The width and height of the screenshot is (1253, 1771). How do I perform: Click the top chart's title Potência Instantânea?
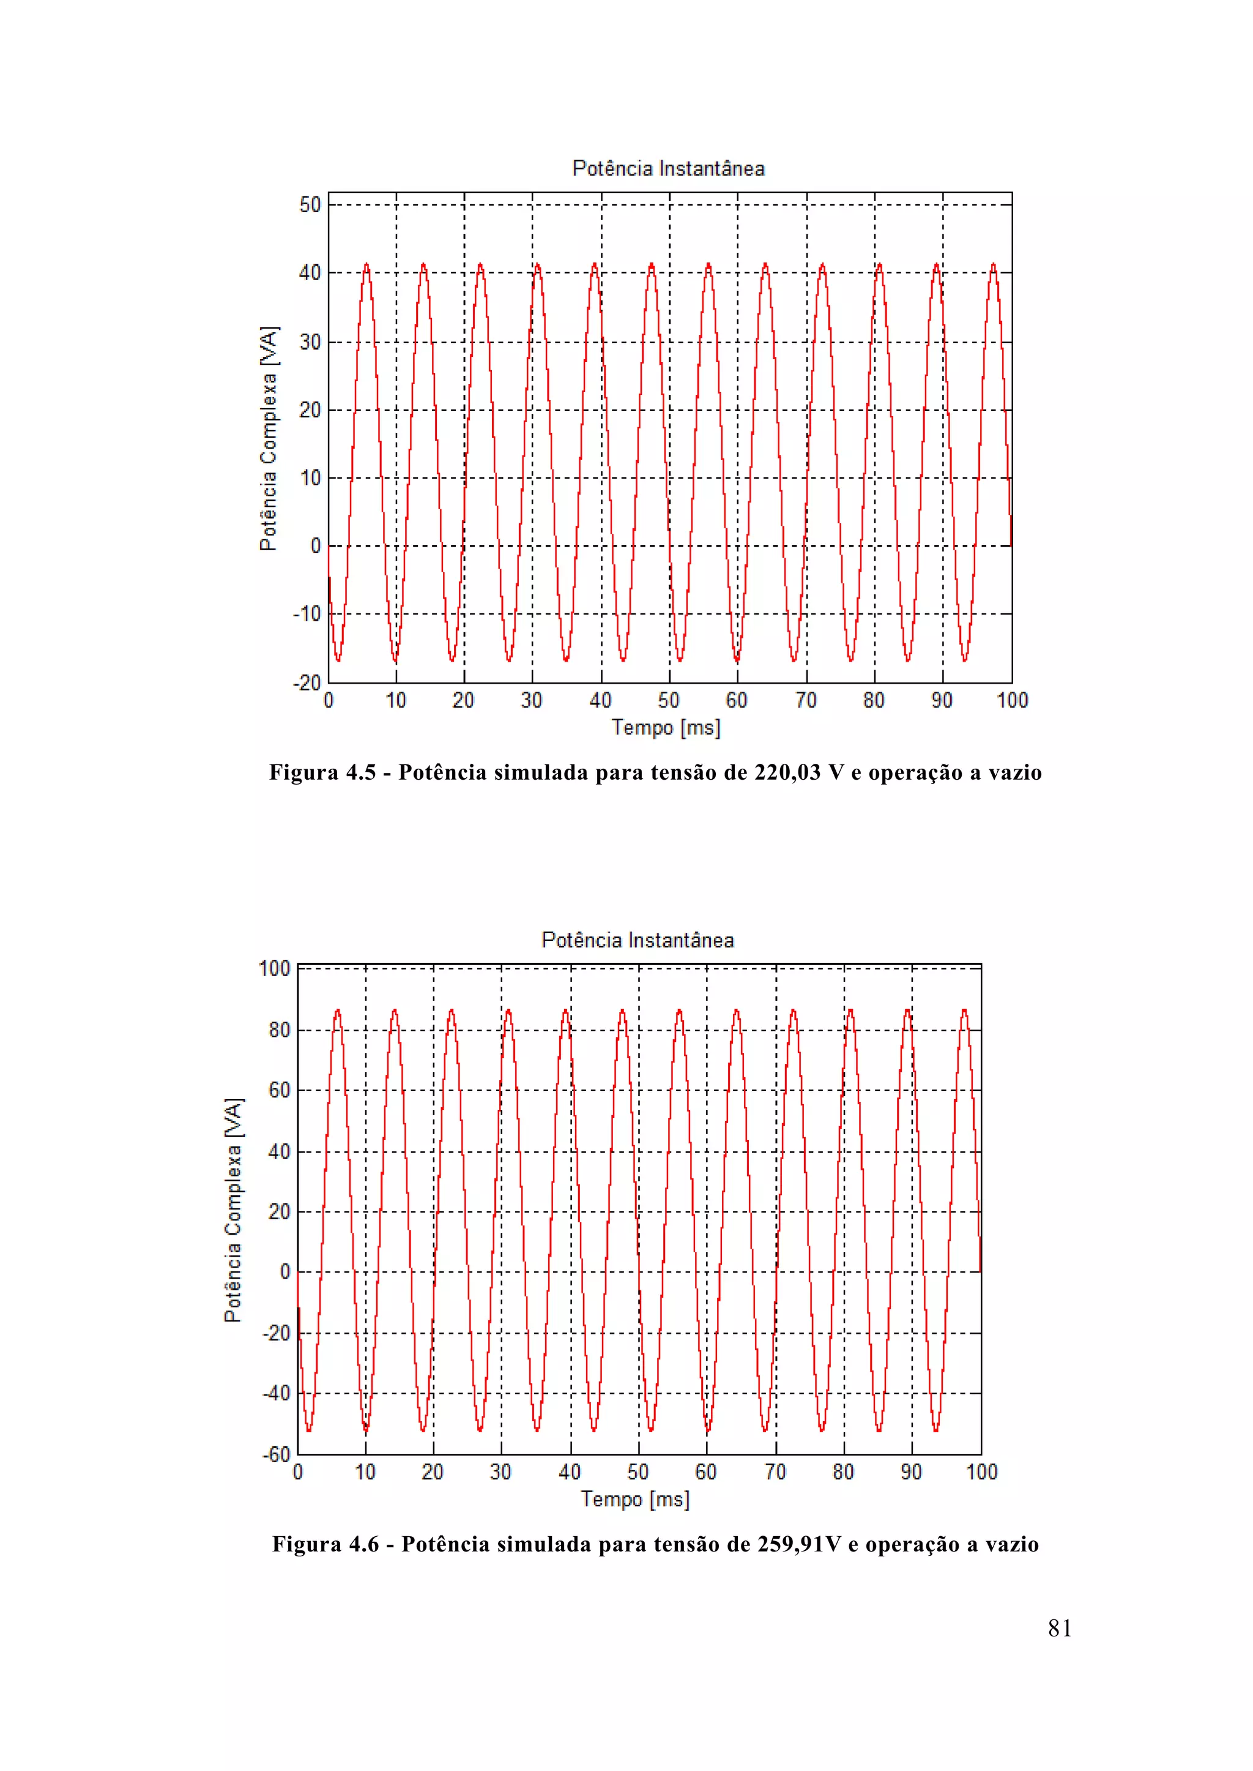tap(668, 169)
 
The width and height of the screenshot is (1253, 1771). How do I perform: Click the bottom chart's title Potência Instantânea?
tap(638, 941)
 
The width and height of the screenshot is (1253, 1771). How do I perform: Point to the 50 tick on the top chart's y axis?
tap(310, 205)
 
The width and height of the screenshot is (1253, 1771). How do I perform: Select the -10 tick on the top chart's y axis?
tap(307, 614)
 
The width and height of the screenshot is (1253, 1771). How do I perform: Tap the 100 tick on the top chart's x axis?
tap(1013, 700)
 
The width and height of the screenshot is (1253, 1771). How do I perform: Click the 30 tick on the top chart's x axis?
tap(532, 700)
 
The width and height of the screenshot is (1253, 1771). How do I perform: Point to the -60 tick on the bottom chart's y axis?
tap(276, 1455)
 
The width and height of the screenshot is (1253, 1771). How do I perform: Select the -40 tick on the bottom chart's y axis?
tap(276, 1394)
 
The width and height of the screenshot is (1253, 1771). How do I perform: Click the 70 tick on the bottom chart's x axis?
tap(775, 1473)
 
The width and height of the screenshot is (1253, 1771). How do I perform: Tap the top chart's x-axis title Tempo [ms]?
tap(666, 727)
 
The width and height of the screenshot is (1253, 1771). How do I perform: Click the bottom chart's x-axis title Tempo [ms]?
tap(635, 1499)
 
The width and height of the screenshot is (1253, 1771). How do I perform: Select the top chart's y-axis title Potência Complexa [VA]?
tap(268, 438)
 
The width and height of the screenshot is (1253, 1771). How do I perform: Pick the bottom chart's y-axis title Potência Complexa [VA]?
tap(233, 1210)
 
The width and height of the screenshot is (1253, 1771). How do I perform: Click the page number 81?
tap(1059, 1629)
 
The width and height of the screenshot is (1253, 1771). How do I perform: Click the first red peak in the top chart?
tap(366, 265)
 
